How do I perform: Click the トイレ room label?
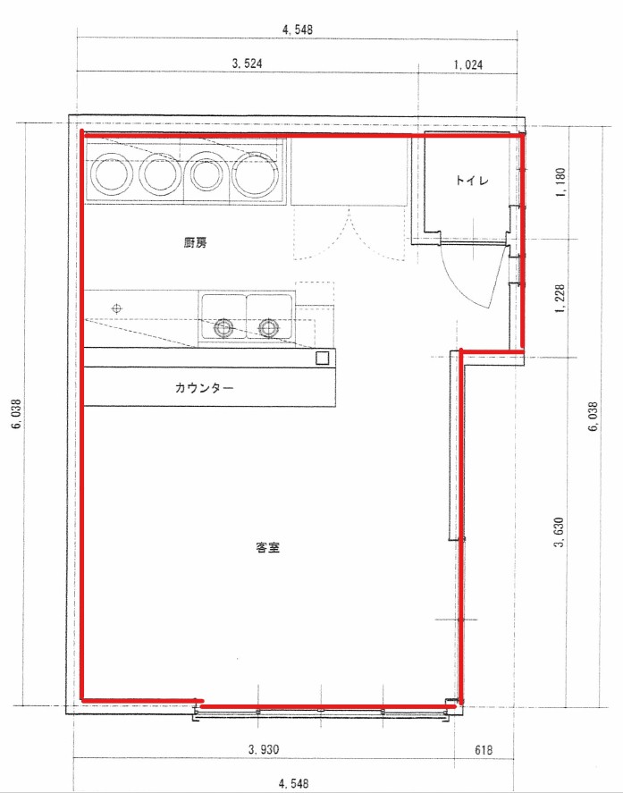pos(472,180)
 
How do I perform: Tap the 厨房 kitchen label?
pos(195,243)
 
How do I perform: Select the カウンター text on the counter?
pos(205,388)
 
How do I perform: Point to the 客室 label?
pos(268,547)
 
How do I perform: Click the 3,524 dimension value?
pos(248,63)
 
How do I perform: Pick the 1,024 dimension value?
pos(467,64)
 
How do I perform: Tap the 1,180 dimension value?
pos(560,182)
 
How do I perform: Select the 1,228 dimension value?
pos(560,299)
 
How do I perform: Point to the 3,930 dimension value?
pos(264,749)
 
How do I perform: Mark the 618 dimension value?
pos(484,749)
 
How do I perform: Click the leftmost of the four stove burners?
pos(112,174)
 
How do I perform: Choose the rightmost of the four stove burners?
pos(256,174)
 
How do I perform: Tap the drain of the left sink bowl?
pos(223,328)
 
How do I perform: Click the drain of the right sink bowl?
pos(268,328)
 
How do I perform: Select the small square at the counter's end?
pos(322,358)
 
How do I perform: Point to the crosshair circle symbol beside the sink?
pos(117,308)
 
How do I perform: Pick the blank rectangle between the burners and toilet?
pos(349,172)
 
